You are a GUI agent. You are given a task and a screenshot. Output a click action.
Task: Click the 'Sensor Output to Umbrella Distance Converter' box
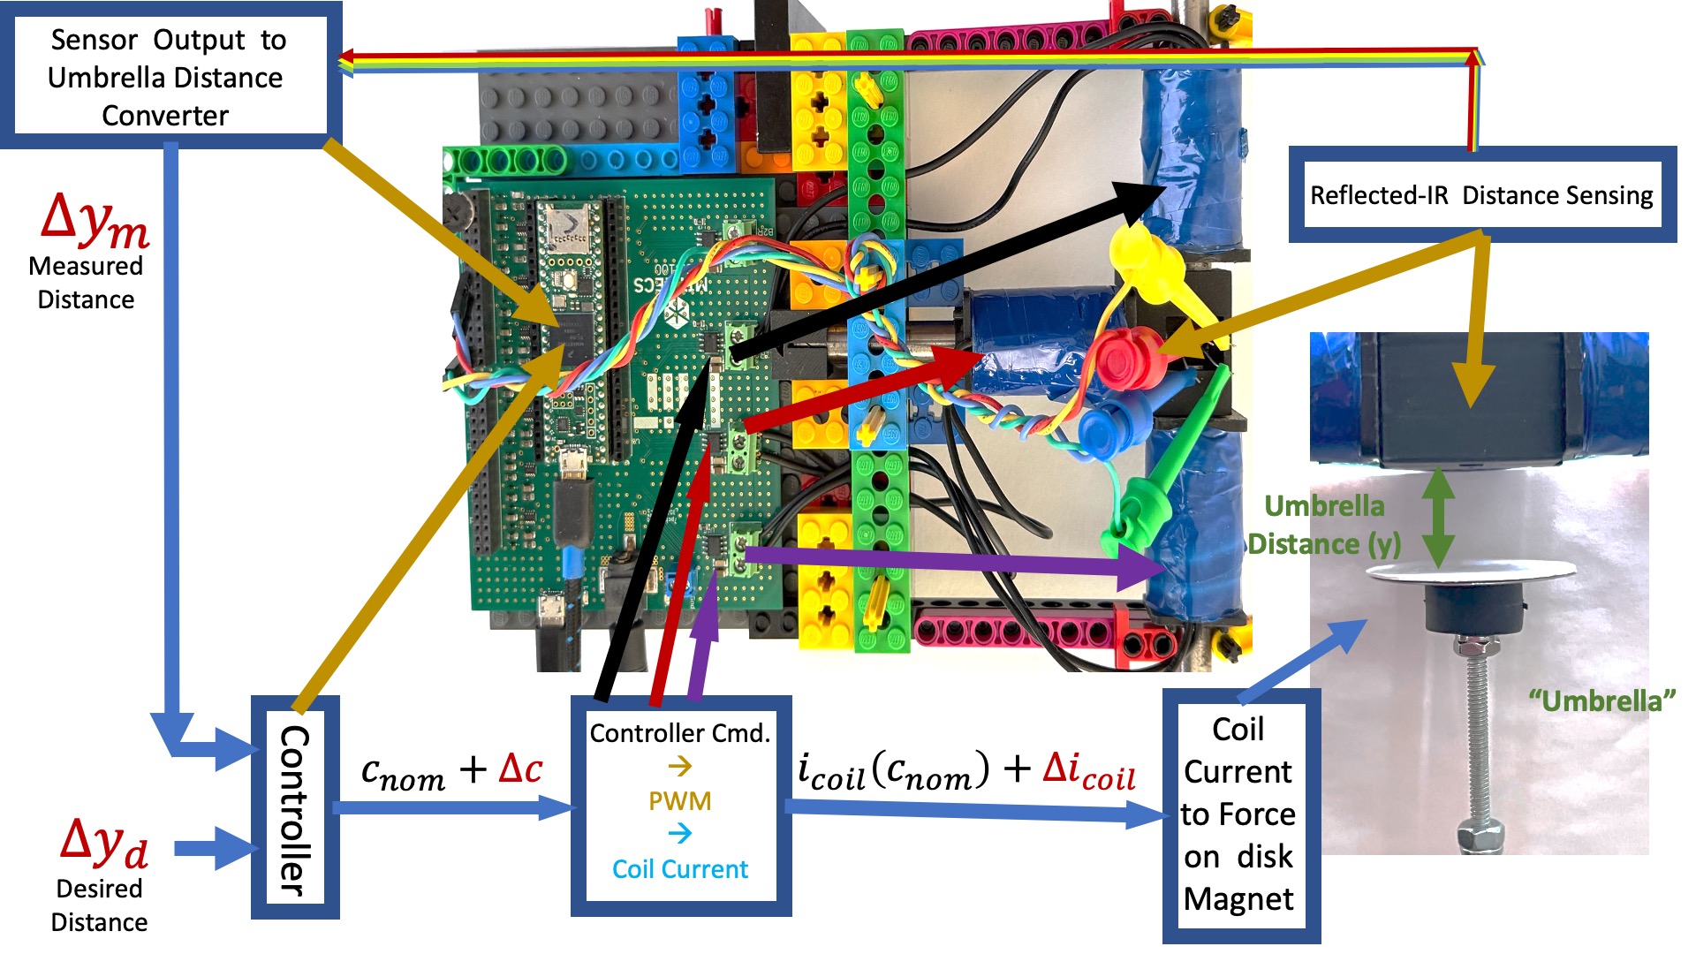pyautogui.click(x=165, y=77)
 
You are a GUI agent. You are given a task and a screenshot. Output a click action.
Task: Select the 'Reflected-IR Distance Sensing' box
pyautogui.click(x=1481, y=195)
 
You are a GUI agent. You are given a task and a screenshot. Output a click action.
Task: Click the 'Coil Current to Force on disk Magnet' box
pyautogui.click(x=1238, y=814)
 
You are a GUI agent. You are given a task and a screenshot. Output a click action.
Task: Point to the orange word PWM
pyautogui.click(x=679, y=801)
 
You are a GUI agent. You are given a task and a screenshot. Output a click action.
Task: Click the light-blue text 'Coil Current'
pyautogui.click(x=679, y=869)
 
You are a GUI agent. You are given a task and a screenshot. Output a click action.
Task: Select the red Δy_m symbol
pyautogui.click(x=95, y=220)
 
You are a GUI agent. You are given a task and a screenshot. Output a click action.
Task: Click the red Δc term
pyautogui.click(x=520, y=768)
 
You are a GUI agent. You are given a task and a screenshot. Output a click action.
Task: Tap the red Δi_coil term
pyautogui.click(x=1088, y=770)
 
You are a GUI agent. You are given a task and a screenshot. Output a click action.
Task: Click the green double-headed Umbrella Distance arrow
pyautogui.click(x=1438, y=518)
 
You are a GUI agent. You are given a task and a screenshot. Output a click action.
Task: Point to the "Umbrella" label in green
pyautogui.click(x=1601, y=701)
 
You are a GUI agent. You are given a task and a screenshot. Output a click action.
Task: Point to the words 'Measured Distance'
pyautogui.click(x=86, y=283)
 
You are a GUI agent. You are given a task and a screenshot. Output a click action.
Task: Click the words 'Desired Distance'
pyautogui.click(x=99, y=905)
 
